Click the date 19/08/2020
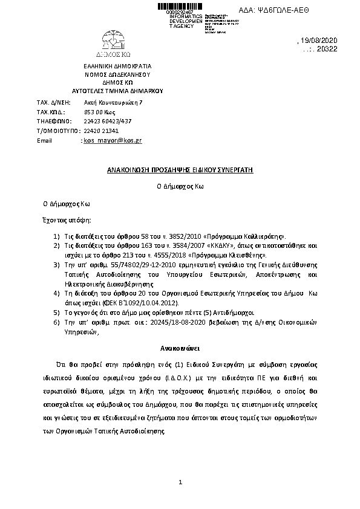pyautogui.click(x=324, y=41)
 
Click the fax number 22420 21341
pyautogui.click(x=101, y=131)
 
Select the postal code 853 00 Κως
pyautogui.click(x=99, y=112)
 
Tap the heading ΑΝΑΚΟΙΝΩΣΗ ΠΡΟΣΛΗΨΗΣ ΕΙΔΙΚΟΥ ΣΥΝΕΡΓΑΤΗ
pyautogui.click(x=180, y=170)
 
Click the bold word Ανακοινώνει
pyautogui.click(x=180, y=349)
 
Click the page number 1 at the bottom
pyautogui.click(x=180, y=482)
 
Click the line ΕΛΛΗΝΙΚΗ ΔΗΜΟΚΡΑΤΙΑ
pyautogui.click(x=118, y=66)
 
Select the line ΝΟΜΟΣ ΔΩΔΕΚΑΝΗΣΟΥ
pyautogui.click(x=117, y=74)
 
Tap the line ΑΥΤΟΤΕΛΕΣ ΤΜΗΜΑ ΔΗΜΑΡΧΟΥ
pyautogui.click(x=118, y=89)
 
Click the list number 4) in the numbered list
pyautogui.click(x=56, y=292)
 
